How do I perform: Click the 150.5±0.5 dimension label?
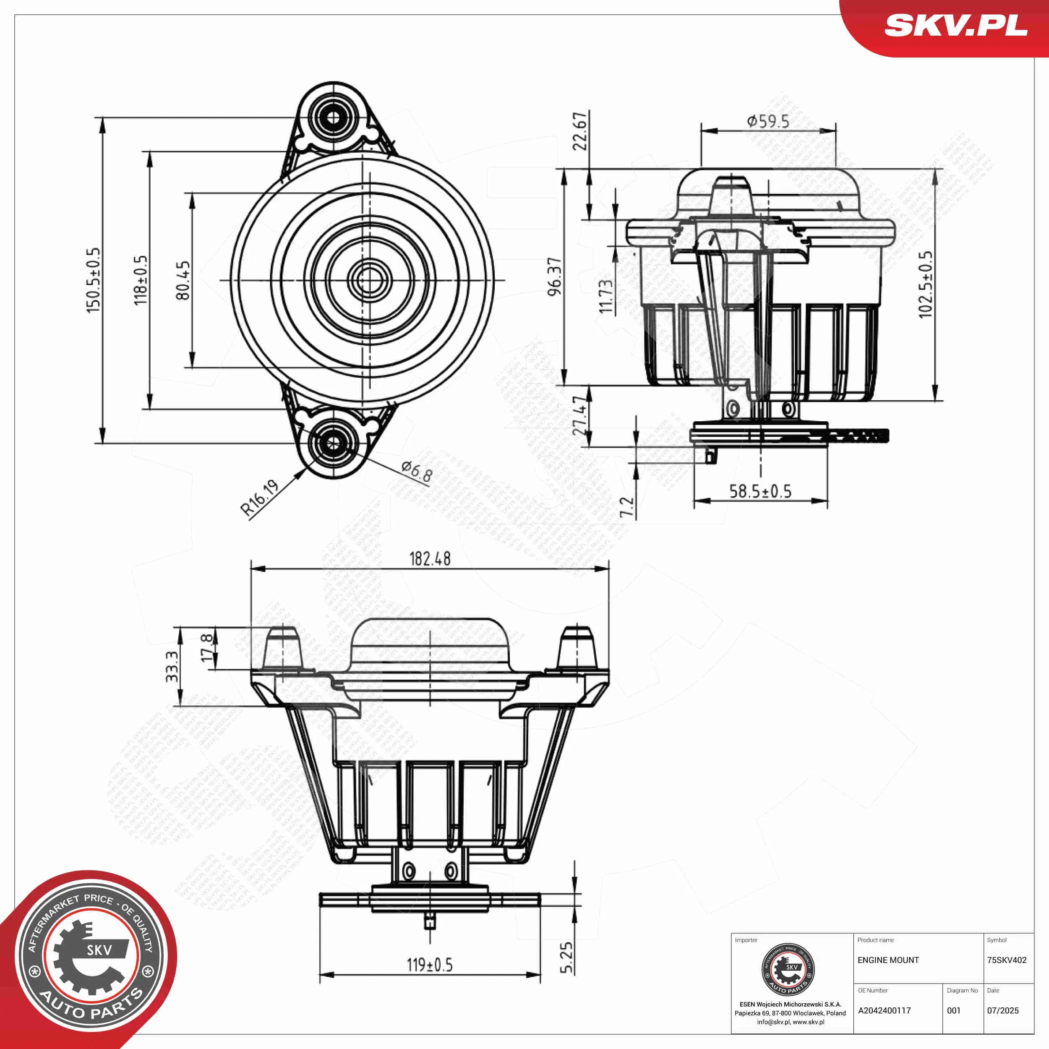tap(94, 280)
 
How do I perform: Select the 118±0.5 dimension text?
tap(140, 280)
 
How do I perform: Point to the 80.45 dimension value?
tap(183, 280)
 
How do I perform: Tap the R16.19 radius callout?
tap(260, 497)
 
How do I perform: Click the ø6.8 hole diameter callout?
tap(416, 471)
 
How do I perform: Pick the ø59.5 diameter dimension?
tap(768, 121)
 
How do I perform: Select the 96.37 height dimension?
tap(554, 277)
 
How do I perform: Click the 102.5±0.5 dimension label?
tap(925, 284)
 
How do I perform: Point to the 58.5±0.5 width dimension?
tap(760, 491)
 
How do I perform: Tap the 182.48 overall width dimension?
tap(430, 559)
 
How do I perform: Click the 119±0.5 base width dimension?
tap(430, 965)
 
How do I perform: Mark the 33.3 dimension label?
tap(172, 667)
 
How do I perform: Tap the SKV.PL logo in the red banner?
tap(955, 26)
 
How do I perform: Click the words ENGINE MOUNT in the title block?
tap(888, 960)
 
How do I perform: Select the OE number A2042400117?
tap(884, 1010)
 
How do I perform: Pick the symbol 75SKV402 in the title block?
tap(1007, 960)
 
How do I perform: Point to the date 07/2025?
tap(1003, 1010)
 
